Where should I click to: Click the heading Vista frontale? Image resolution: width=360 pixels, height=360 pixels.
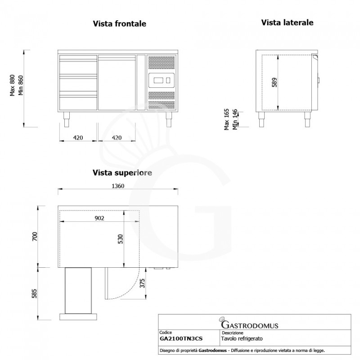pos(119,23)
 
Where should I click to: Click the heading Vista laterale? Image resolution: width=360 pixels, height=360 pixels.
pos(288,22)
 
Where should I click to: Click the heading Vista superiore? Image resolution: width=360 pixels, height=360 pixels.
pos(122,172)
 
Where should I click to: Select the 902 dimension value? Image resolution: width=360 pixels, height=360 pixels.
pos(99,218)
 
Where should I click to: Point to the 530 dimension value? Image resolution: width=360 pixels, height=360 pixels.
pos(120,239)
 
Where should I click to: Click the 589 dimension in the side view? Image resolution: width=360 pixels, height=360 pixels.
pos(274,82)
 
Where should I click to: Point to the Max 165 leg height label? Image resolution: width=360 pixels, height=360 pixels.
pos(227,119)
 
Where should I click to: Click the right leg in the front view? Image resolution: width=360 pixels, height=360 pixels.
pos(169,120)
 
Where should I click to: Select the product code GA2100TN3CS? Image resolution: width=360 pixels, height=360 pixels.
pos(181,338)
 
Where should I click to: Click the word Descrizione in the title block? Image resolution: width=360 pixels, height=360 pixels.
pos(233,333)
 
